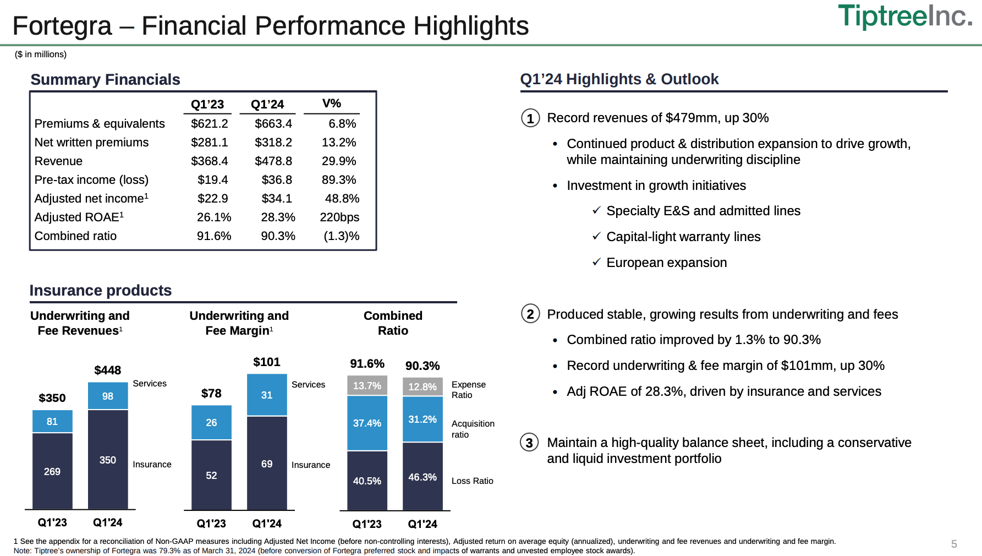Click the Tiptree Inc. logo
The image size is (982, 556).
[x=904, y=16]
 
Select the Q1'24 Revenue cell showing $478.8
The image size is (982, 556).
[x=273, y=161]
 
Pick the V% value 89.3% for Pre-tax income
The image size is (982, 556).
[x=339, y=180]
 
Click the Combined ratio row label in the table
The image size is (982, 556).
[x=75, y=236]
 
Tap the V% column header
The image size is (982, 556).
[x=332, y=103]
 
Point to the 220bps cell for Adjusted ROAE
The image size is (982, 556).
[x=339, y=217]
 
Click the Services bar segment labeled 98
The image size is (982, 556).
[x=108, y=396]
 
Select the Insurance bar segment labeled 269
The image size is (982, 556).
[x=52, y=471]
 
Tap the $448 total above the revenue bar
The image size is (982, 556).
[x=108, y=370]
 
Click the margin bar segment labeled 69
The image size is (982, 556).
[x=267, y=464]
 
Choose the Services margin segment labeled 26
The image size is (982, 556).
[x=211, y=423]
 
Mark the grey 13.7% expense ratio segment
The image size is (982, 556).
[x=367, y=386]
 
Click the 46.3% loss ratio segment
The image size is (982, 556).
[x=423, y=477]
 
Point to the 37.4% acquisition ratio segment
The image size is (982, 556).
[x=367, y=423]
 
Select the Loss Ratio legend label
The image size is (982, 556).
[x=472, y=481]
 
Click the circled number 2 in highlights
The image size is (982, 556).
[x=530, y=314]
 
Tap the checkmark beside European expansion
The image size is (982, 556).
[x=596, y=262]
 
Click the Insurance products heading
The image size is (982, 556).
[x=101, y=291]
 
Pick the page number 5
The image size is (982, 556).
[x=954, y=544]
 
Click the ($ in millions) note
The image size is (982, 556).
[x=41, y=54]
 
